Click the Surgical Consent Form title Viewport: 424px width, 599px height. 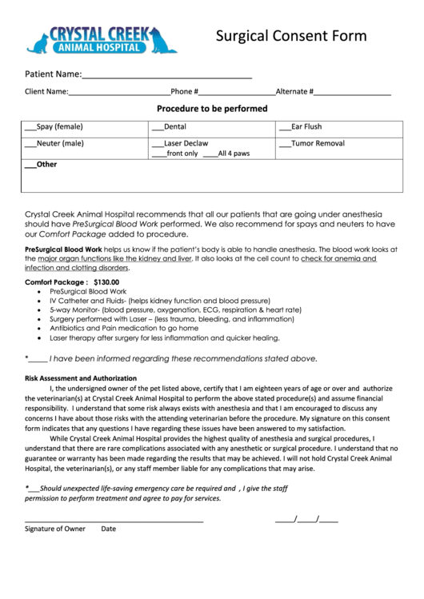tap(292, 36)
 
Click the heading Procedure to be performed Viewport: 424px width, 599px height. tap(211, 109)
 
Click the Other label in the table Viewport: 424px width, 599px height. tap(46, 165)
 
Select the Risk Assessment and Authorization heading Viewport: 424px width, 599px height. tap(81, 377)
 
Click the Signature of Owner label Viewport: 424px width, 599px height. tap(54, 529)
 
